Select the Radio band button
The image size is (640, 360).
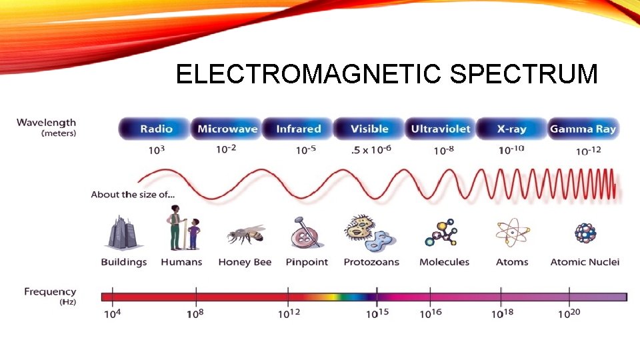click(x=156, y=129)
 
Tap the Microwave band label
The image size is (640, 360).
click(x=227, y=129)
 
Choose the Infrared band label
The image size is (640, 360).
click(x=299, y=129)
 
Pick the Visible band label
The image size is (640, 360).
click(x=369, y=129)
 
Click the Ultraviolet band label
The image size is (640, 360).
click(x=441, y=129)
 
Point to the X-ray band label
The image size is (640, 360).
click(x=511, y=129)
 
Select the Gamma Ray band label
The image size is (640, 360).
click(x=583, y=129)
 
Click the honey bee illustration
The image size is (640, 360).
click(x=245, y=234)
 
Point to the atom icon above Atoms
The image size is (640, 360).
click(x=512, y=233)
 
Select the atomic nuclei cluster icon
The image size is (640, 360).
click(x=585, y=233)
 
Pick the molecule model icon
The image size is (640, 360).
click(x=443, y=233)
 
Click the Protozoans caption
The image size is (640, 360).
click(x=371, y=262)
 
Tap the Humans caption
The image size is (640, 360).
click(x=181, y=262)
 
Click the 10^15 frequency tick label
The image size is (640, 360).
click(x=377, y=313)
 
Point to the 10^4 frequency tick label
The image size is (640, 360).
click(x=112, y=313)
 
